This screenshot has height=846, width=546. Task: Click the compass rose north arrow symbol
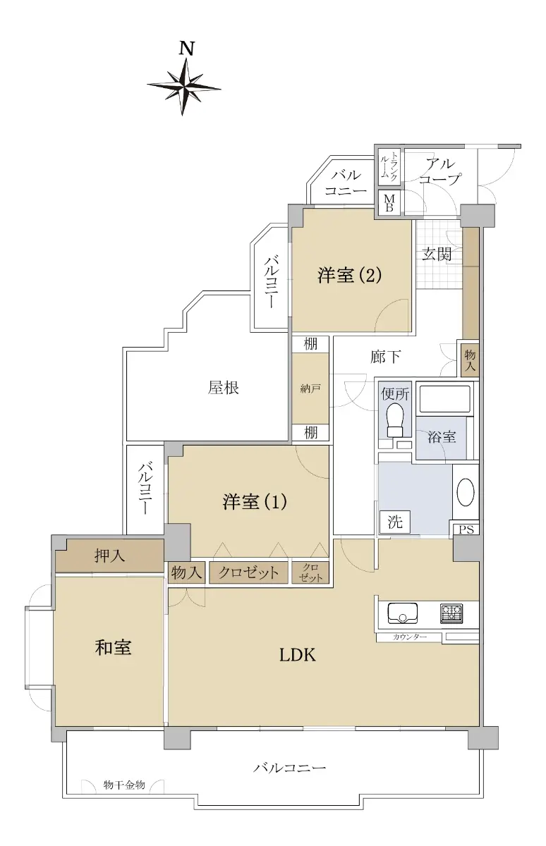(x=183, y=87)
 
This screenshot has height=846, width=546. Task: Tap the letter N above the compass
(x=186, y=49)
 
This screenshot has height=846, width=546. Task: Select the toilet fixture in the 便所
(x=394, y=420)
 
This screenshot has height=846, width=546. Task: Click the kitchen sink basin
(x=402, y=613)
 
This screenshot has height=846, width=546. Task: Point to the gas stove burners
(x=451, y=613)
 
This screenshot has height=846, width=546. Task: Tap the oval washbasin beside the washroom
(x=466, y=492)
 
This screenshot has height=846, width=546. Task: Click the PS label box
(x=466, y=529)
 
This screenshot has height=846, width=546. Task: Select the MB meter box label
(x=389, y=203)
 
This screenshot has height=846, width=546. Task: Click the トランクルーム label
(x=389, y=166)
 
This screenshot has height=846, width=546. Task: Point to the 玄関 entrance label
(x=437, y=255)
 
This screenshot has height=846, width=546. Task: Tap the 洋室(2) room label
(x=349, y=274)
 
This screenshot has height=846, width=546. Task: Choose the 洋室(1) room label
(x=255, y=501)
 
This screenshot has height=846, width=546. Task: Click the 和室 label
(x=113, y=647)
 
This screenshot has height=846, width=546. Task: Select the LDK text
(x=298, y=655)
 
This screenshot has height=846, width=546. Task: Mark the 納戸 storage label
(x=310, y=388)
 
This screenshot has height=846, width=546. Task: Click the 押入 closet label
(x=109, y=556)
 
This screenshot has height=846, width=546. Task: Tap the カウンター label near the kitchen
(x=410, y=637)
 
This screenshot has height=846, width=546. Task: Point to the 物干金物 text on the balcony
(x=124, y=785)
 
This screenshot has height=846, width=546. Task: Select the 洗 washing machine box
(x=395, y=522)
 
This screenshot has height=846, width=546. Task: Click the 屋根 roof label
(x=224, y=388)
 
